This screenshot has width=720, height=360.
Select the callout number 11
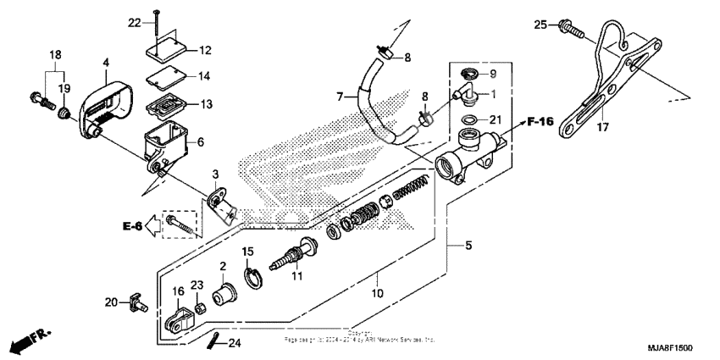pos(296,276)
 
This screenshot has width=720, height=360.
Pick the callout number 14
pos(180,76)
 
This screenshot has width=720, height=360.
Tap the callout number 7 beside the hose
pos(339,98)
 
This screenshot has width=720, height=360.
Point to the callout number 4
pos(106,63)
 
